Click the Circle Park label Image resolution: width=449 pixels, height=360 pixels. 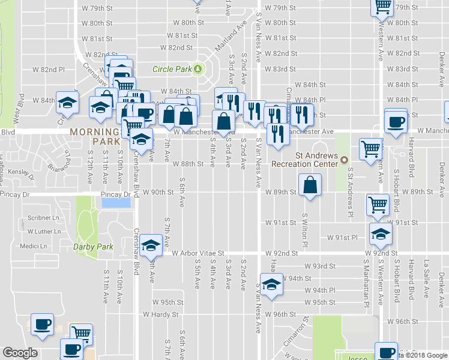pos(172,69)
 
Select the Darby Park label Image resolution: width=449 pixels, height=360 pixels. pos(93,246)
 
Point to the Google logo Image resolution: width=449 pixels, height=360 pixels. pos(20,353)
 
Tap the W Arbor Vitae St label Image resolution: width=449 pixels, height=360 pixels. pos(197,253)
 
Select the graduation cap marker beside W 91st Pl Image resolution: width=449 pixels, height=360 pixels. pos(379,234)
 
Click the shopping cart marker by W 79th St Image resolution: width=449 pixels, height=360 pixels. pos(382,7)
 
